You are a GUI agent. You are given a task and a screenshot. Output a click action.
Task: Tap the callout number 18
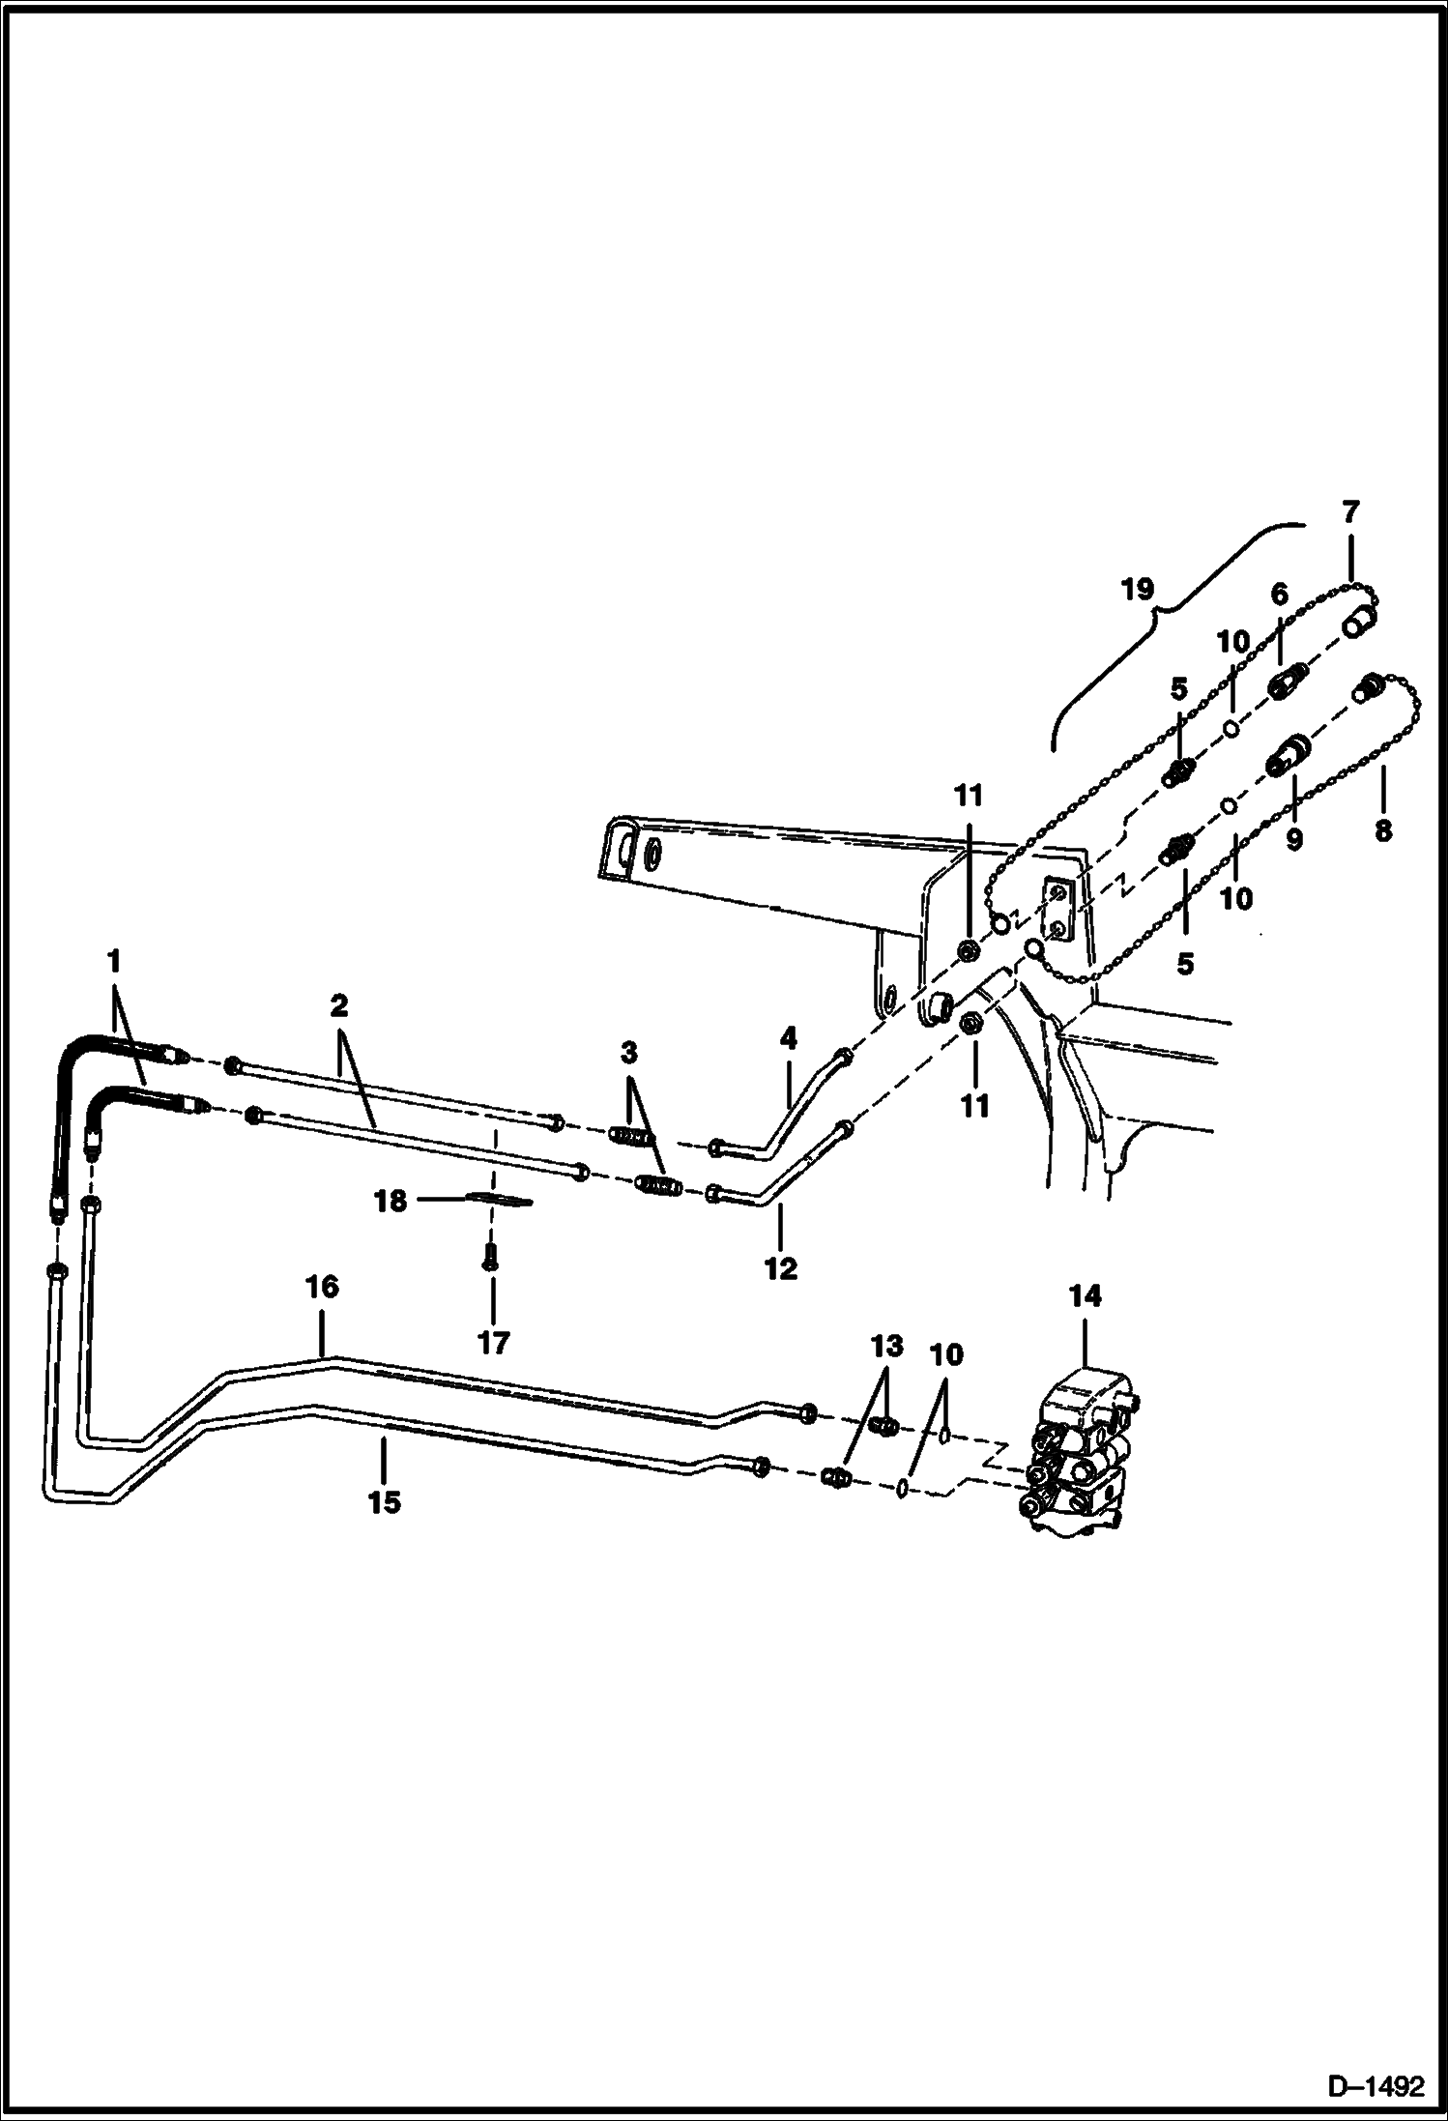click(x=391, y=1203)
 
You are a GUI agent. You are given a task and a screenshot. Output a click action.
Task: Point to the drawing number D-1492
click(x=1376, y=2083)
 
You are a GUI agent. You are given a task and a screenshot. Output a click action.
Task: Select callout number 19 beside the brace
click(x=1139, y=587)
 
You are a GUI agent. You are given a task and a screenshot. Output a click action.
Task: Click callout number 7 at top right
click(x=1350, y=510)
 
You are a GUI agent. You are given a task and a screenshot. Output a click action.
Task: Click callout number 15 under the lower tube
click(x=384, y=1501)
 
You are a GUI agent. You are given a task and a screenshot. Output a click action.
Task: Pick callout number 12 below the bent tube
click(x=781, y=1268)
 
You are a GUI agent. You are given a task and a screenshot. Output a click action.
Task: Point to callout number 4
click(x=788, y=1039)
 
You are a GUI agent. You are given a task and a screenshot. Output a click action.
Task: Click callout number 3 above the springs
click(x=628, y=1052)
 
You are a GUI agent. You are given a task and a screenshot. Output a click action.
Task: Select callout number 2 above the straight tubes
click(x=338, y=1007)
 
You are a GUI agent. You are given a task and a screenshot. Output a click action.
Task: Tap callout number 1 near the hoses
click(x=114, y=961)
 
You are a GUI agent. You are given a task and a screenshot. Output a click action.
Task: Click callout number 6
click(x=1279, y=621)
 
